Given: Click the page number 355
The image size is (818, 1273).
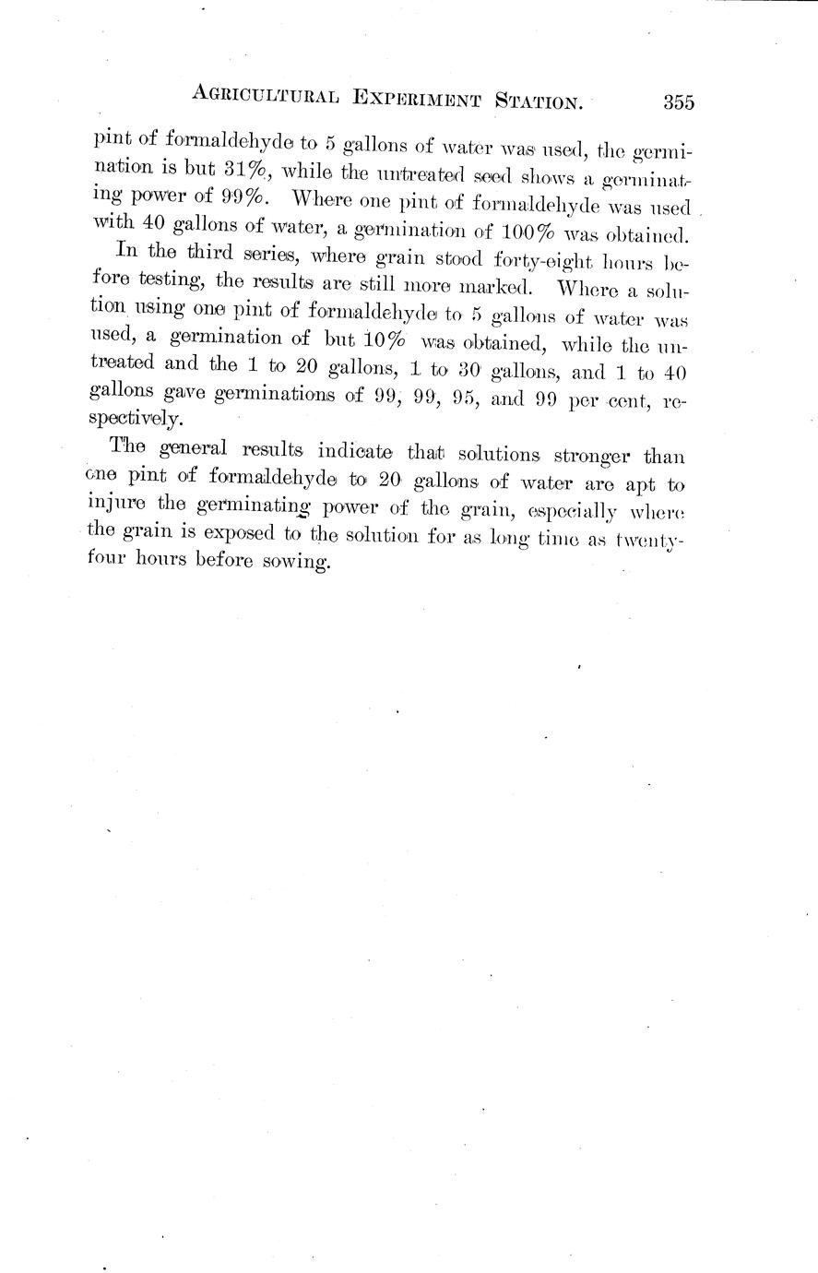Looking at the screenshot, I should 678,102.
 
